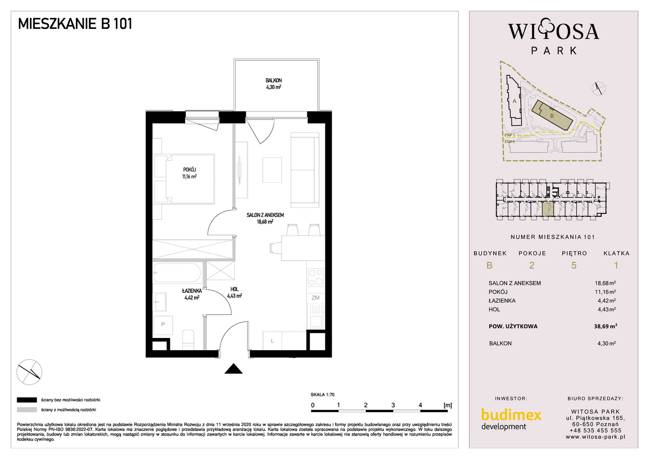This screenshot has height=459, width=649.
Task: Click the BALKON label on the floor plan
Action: (274, 80)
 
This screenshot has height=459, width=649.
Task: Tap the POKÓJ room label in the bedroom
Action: (189, 170)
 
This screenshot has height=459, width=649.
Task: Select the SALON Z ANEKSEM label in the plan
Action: (265, 215)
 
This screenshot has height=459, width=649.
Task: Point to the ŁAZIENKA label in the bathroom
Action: (192, 291)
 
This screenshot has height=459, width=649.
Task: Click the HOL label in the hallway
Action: (234, 289)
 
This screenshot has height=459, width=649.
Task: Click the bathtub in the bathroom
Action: (177, 272)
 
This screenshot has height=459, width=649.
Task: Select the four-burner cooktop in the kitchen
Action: (316, 277)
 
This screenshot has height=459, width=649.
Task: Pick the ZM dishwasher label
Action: (315, 298)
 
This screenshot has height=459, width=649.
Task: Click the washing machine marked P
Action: (163, 325)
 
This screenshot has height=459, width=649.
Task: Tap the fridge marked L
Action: (272, 341)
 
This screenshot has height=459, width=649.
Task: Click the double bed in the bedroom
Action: (190, 179)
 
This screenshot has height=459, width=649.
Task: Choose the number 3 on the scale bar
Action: (393, 405)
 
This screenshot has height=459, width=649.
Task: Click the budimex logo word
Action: (511, 415)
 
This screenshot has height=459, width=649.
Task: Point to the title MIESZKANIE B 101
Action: (75, 24)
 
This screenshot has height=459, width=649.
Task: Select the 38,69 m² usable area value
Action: (605, 326)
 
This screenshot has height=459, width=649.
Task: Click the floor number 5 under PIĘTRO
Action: (574, 265)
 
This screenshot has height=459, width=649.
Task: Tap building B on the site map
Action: (552, 116)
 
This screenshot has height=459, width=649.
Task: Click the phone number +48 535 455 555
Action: (595, 431)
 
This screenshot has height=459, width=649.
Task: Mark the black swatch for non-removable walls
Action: (27, 400)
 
